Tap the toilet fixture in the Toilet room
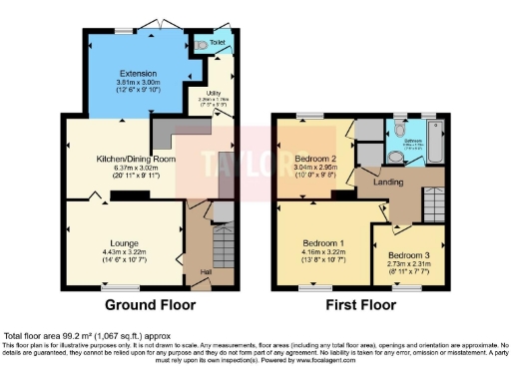tap(203, 45)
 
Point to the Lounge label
tap(125, 241)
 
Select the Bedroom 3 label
tap(404, 253)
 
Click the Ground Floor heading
tap(150, 304)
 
